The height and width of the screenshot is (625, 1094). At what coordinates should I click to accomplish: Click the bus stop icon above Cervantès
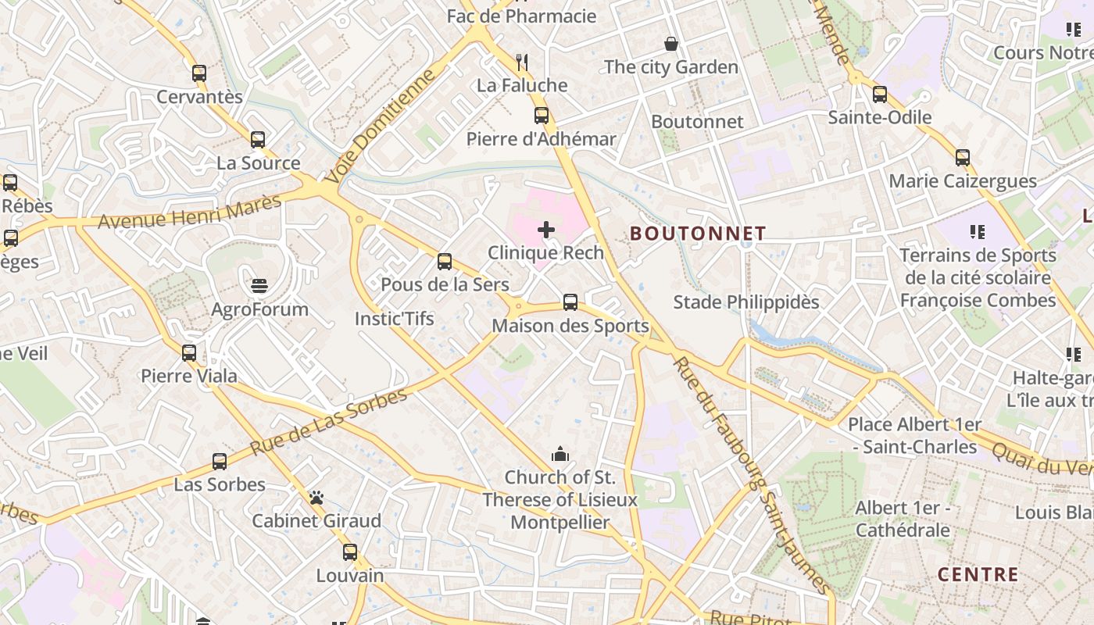point(199,73)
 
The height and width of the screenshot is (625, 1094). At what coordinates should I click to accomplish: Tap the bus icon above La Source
point(258,140)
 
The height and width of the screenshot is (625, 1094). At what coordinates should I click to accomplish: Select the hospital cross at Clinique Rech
point(546,230)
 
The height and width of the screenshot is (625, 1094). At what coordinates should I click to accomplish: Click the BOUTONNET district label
point(698,234)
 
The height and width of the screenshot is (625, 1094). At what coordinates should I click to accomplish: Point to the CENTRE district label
point(978,575)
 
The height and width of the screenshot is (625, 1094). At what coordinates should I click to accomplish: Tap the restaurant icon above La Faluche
point(522,62)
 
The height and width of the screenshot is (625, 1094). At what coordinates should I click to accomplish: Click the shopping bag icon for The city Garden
point(670,44)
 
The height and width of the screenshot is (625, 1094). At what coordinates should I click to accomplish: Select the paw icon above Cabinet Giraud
point(316,498)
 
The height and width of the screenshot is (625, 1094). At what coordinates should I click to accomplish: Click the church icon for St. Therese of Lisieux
point(560,454)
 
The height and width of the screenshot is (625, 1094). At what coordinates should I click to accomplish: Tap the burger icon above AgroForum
point(260,286)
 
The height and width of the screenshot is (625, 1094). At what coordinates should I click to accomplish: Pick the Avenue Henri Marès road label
point(189,212)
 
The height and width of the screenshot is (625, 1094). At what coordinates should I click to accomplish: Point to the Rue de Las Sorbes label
point(329,422)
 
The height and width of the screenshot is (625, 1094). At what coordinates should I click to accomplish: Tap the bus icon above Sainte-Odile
point(880,95)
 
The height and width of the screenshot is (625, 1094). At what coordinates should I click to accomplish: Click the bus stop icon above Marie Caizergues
point(963,158)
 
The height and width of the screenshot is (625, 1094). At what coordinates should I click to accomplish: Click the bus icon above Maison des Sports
point(570,302)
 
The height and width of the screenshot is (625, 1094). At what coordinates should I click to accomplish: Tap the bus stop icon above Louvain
point(350,552)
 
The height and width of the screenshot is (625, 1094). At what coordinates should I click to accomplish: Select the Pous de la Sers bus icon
point(445,262)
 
